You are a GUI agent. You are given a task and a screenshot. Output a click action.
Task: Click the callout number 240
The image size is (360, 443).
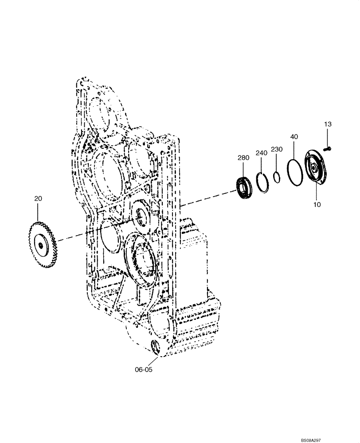261,153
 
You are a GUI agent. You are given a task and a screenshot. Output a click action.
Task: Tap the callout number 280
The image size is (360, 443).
243,158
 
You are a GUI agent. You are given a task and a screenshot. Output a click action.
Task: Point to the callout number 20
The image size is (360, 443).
38,199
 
